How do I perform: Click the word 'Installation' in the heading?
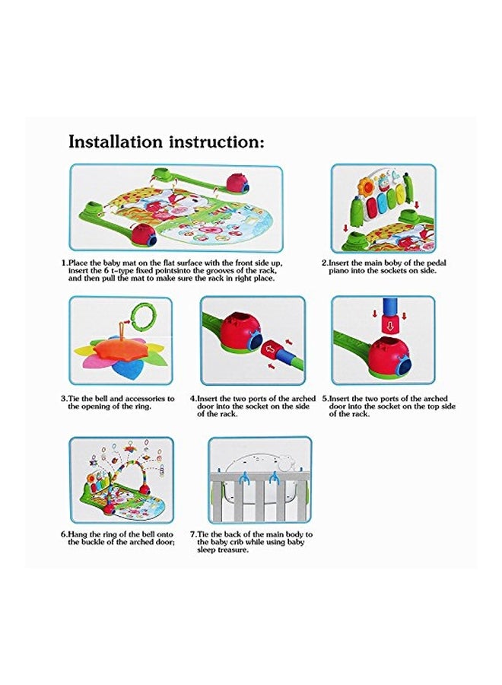(116, 142)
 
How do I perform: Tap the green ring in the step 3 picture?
(141, 314)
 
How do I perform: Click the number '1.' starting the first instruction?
(64, 263)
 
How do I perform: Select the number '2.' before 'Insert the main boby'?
(325, 263)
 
